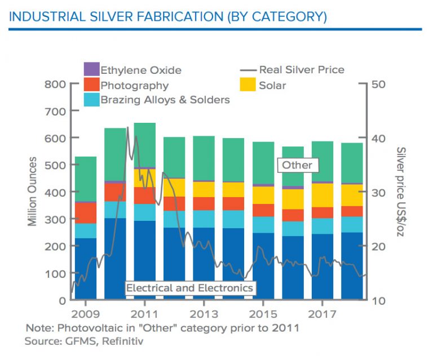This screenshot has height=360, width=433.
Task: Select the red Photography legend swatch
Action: click(x=91, y=85)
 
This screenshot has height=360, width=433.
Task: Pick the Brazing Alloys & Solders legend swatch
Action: click(x=91, y=100)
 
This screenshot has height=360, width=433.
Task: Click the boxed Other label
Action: click(x=297, y=165)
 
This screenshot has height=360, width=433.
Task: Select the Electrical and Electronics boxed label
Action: click(x=189, y=288)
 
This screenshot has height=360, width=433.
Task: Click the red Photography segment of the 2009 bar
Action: click(x=86, y=212)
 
